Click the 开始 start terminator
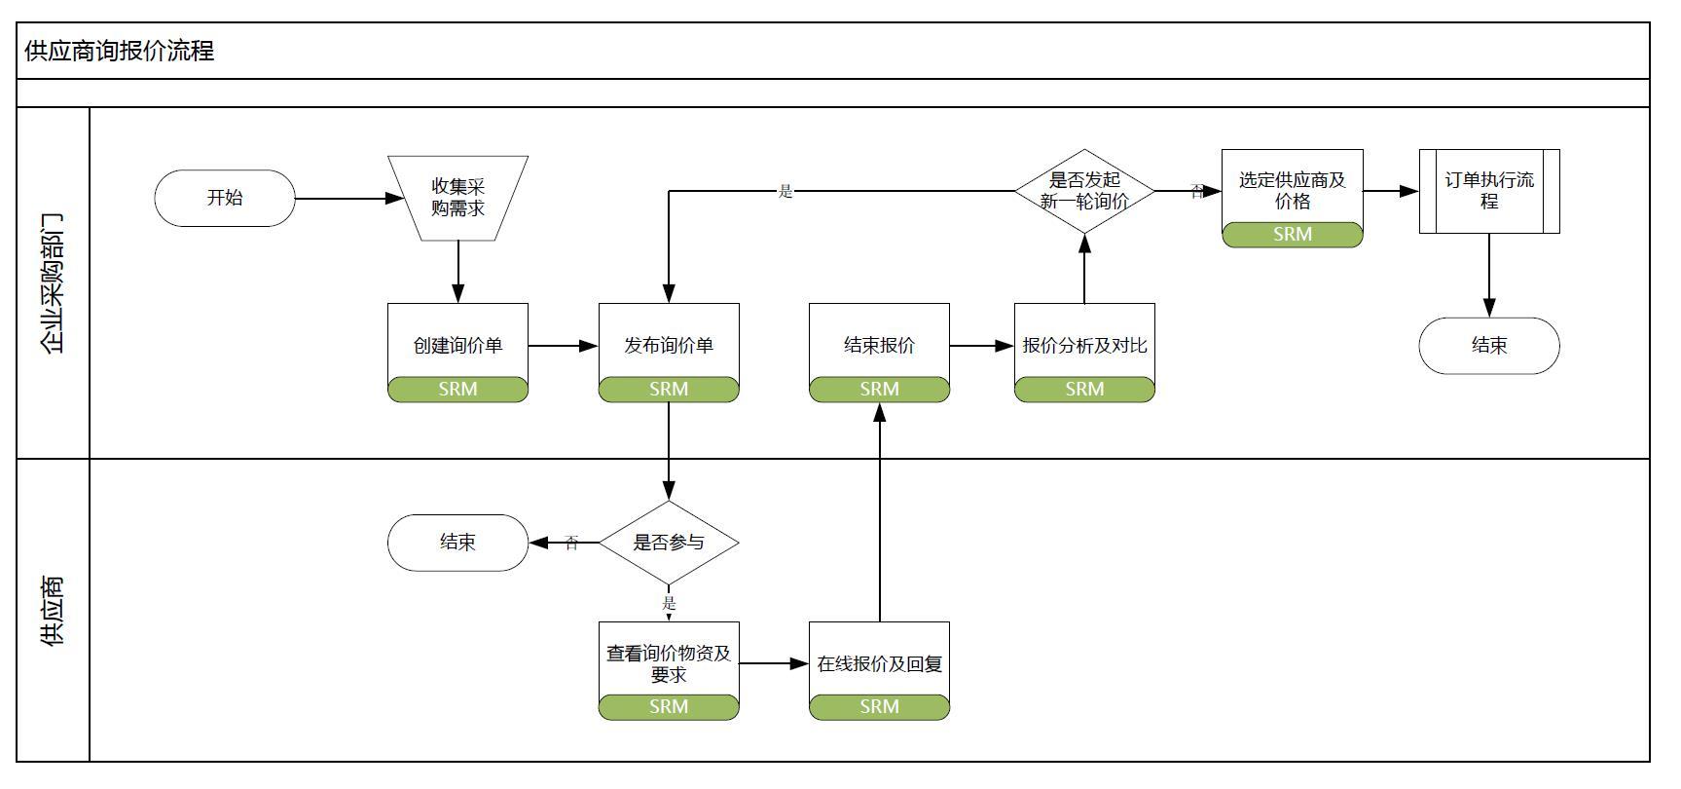click(224, 198)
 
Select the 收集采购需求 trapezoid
click(457, 198)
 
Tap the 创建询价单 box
click(457, 344)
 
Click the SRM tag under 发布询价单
click(669, 390)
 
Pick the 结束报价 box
click(879, 344)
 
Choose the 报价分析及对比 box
click(1084, 344)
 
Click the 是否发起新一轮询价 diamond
click(1084, 191)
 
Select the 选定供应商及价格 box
click(1292, 190)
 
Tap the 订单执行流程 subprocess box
click(1489, 191)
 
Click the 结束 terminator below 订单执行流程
click(1489, 345)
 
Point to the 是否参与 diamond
click(669, 543)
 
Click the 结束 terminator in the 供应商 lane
click(457, 543)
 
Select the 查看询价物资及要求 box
click(669, 662)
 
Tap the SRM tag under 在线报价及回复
click(879, 707)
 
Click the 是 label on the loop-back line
click(786, 192)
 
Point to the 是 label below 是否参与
click(669, 604)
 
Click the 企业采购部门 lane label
click(53, 282)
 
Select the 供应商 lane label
click(53, 611)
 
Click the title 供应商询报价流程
click(119, 51)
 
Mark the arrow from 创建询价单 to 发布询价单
click(563, 346)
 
